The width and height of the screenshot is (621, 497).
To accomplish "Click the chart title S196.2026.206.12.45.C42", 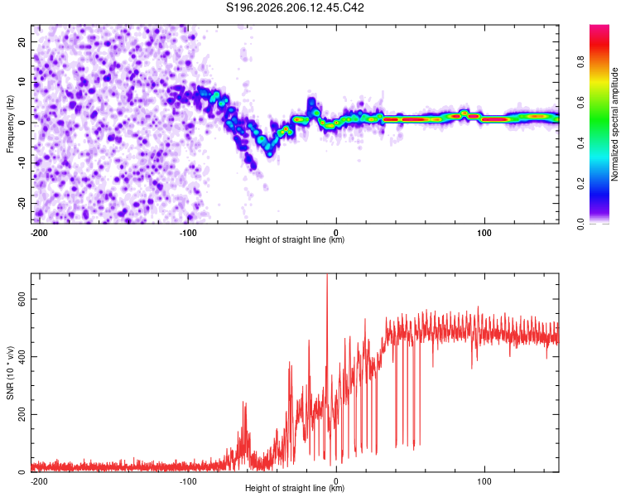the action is tap(295, 7).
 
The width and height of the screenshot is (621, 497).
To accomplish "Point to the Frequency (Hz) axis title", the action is tap(10, 124).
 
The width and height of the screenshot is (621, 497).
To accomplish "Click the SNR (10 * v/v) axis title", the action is tap(10, 373).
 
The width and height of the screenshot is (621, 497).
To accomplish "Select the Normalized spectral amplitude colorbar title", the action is tap(614, 124).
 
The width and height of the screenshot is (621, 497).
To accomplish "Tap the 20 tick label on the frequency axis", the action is tap(22, 42).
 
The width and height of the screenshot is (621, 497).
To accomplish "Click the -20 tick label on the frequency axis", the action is tap(22, 203).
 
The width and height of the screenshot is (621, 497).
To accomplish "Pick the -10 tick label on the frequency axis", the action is tap(22, 163).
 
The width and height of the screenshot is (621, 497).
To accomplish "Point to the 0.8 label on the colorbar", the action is tap(580, 62).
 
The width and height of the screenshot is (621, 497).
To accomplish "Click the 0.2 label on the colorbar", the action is tap(580, 184).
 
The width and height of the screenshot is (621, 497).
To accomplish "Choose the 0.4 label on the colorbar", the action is tap(580, 143).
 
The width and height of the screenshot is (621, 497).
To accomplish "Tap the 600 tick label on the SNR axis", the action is tap(22, 299).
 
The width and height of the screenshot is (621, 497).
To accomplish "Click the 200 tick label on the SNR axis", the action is tap(22, 414).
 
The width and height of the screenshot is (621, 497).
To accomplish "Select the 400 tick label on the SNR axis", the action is tap(22, 357).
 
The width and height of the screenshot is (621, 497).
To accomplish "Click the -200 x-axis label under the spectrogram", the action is tap(38, 233).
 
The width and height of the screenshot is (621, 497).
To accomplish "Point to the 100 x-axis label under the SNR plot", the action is tap(484, 481).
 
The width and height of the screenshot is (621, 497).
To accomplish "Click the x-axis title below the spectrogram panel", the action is tap(295, 239).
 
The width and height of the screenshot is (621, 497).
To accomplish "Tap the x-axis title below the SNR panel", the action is tap(295, 488).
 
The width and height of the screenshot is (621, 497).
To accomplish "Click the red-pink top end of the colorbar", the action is tap(599, 27).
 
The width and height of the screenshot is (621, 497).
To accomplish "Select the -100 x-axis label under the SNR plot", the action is tap(187, 481).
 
